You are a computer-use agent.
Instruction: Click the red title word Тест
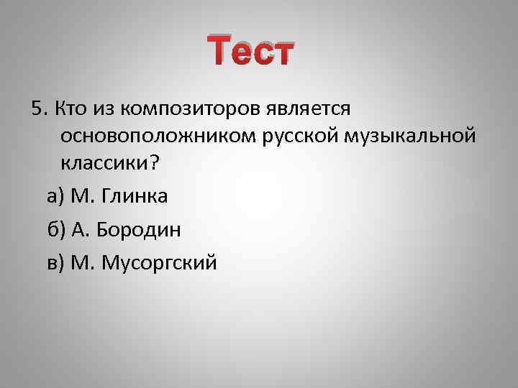click(250, 52)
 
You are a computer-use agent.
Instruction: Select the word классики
click(104, 162)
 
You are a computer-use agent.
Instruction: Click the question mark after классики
click(151, 162)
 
